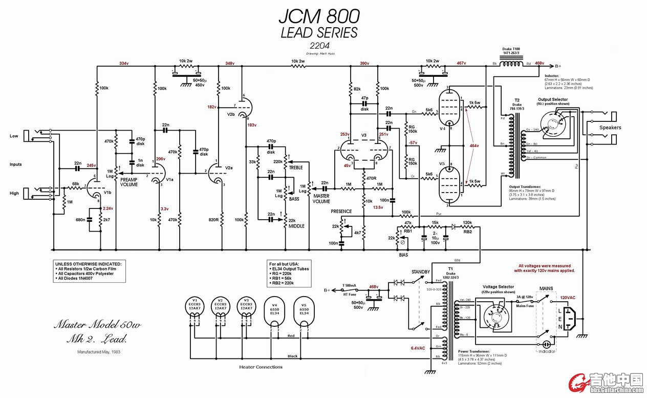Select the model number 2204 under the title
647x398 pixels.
tap(319, 45)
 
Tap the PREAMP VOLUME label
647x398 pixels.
tap(130, 182)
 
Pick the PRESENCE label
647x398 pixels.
tap(341, 211)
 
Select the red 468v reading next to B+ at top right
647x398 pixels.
tap(540, 64)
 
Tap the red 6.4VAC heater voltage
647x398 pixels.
tap(418, 348)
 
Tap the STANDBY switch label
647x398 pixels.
tap(421, 271)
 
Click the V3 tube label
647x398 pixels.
tap(364, 135)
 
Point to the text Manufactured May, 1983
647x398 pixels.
tap(100, 352)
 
